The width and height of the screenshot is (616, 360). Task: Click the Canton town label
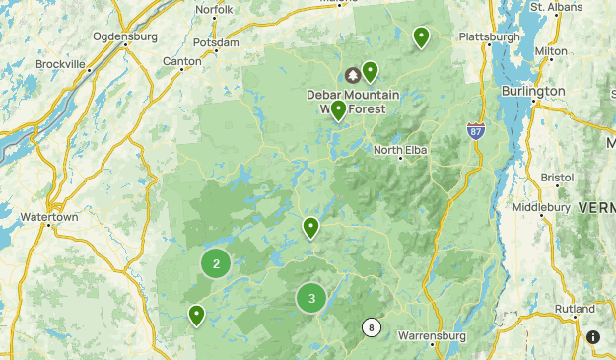pyautogui.click(x=181, y=61)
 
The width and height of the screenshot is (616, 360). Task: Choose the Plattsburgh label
pyautogui.click(x=489, y=37)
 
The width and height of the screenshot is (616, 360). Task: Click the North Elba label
pyautogui.click(x=401, y=150)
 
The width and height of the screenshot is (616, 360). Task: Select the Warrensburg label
pyautogui.click(x=431, y=335)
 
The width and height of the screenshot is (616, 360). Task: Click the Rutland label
pyautogui.click(x=575, y=309)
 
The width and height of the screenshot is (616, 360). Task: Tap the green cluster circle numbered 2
pyautogui.click(x=216, y=263)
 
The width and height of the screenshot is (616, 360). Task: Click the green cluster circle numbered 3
pyautogui.click(x=311, y=298)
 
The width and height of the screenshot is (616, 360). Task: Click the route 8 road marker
pyautogui.click(x=371, y=328)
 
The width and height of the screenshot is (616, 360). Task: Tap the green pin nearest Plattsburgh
pyautogui.click(x=421, y=36)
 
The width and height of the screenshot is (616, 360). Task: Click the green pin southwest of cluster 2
pyautogui.click(x=196, y=315)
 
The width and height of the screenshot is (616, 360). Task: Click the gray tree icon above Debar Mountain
pyautogui.click(x=352, y=75)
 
